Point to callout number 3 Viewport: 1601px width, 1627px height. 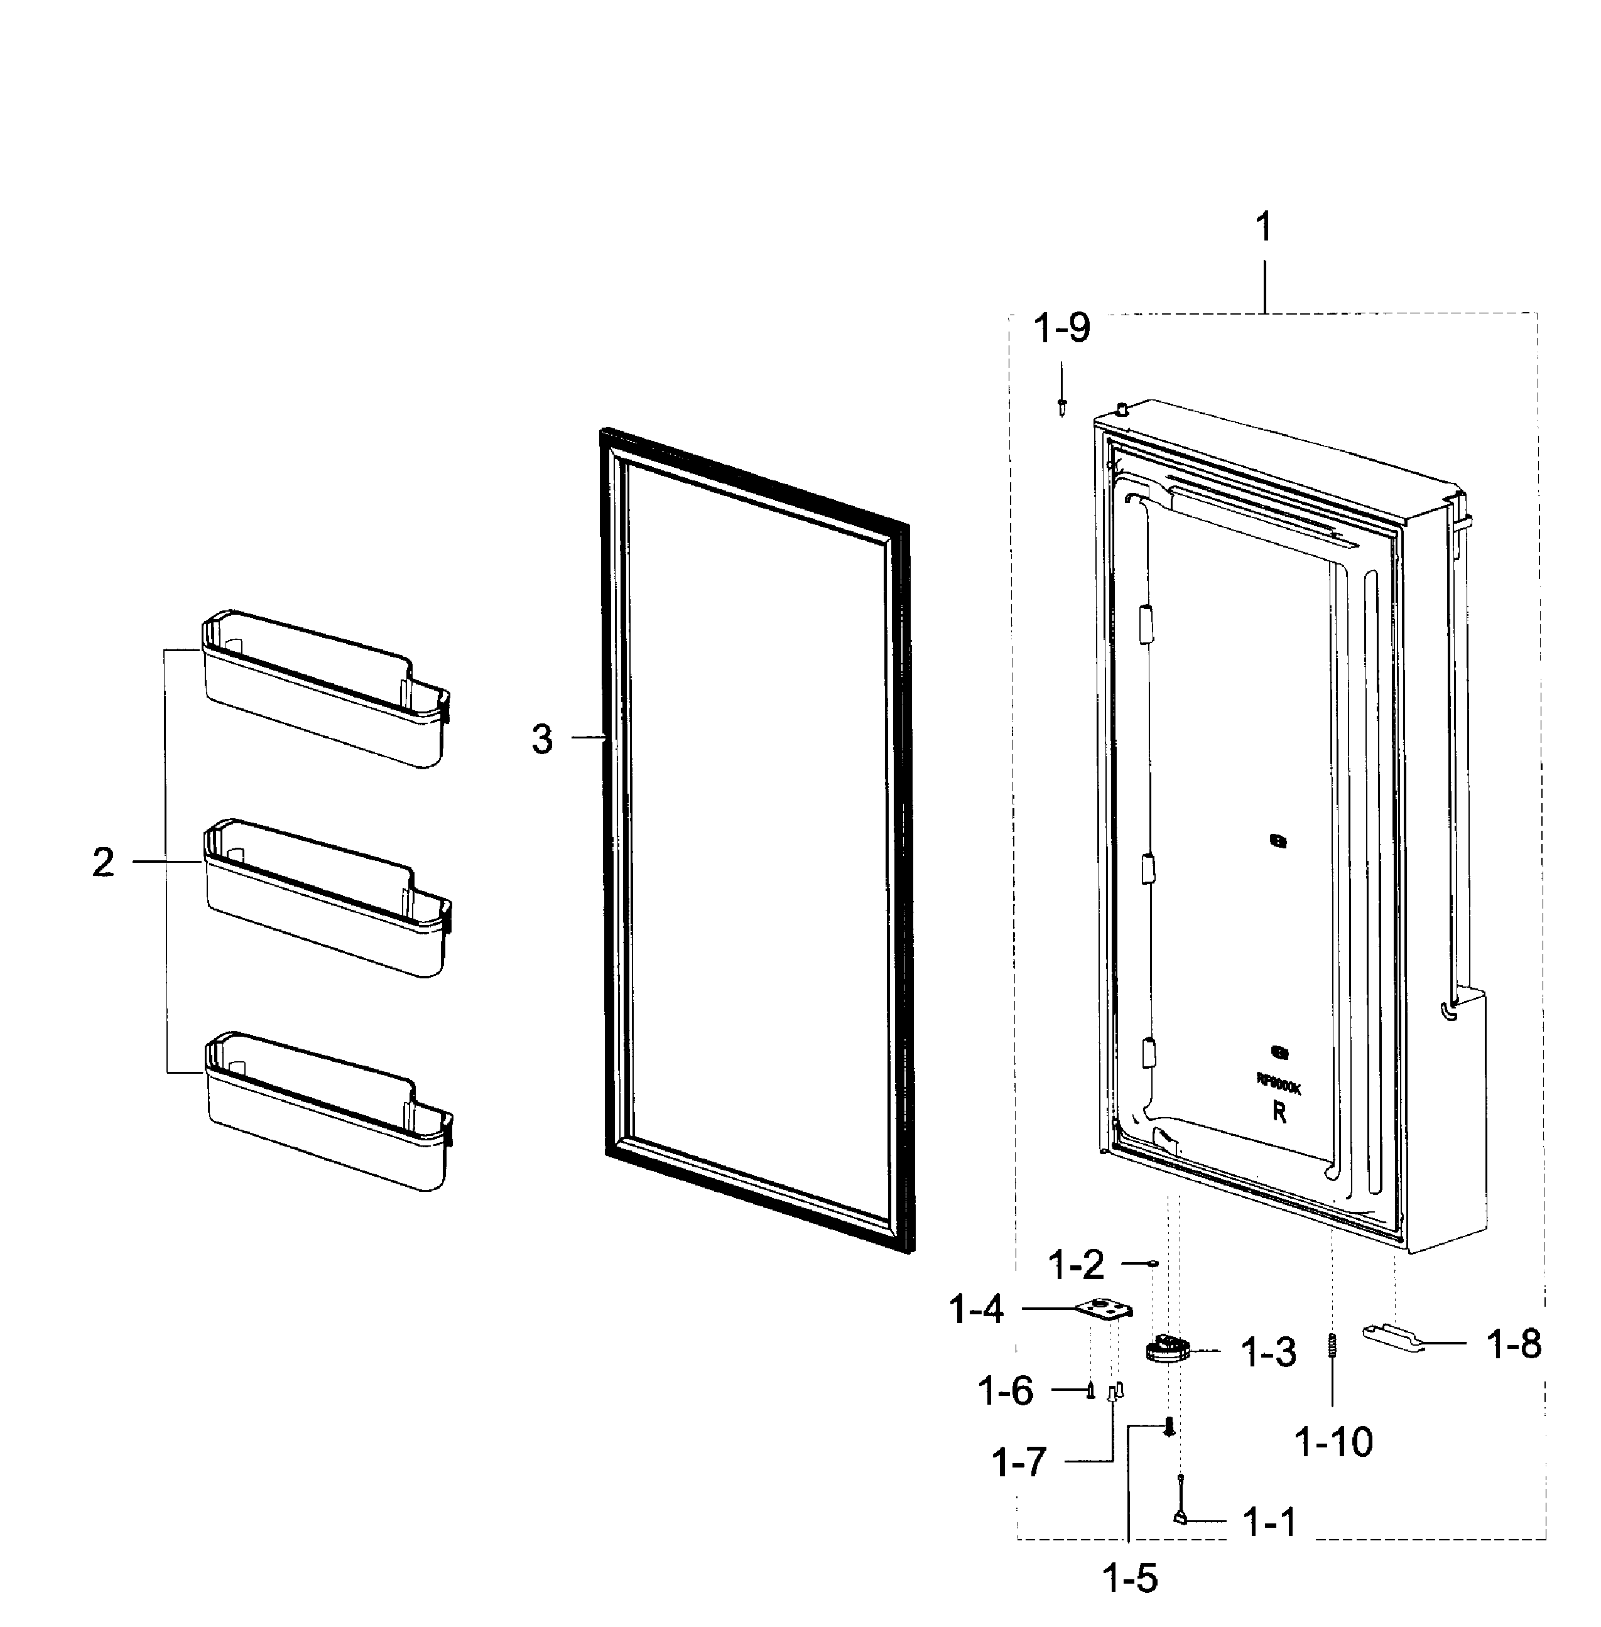(x=543, y=739)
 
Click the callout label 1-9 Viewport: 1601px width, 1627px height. (x=1061, y=328)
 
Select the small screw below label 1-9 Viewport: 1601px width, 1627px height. (x=1062, y=408)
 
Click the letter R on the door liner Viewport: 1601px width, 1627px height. (x=1279, y=1113)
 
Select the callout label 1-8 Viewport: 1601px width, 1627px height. (x=1514, y=1344)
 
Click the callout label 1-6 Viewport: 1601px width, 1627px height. (x=1006, y=1392)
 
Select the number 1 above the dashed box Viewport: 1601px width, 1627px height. (x=1263, y=227)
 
